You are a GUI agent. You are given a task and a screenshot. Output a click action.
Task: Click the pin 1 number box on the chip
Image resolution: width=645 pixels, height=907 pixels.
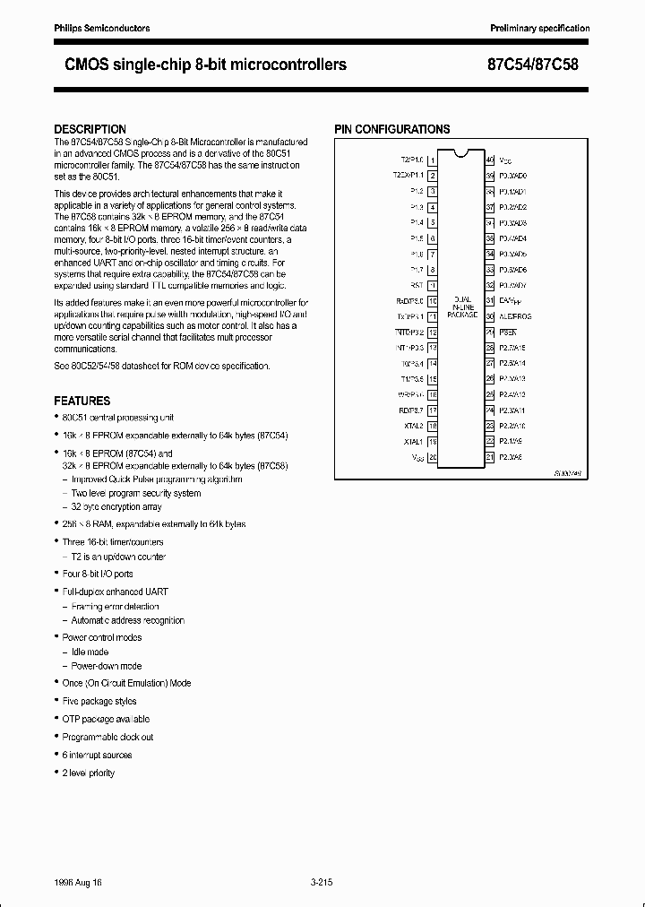[x=433, y=160]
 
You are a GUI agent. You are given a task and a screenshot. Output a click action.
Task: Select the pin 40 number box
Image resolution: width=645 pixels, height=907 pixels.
[x=490, y=160]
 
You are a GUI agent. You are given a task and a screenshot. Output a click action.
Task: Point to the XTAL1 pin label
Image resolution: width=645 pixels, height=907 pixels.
[x=412, y=442]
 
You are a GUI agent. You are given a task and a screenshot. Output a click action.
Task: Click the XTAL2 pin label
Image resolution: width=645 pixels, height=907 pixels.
[x=412, y=426]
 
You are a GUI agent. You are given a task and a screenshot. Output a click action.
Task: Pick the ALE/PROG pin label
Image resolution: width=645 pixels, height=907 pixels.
[x=515, y=316]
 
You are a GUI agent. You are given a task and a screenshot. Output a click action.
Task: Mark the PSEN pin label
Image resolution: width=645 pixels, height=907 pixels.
[x=508, y=332]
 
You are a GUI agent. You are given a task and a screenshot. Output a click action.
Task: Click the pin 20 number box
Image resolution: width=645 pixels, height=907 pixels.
[x=433, y=457]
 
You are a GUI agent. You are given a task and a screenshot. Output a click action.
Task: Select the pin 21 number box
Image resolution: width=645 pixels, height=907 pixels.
[x=490, y=457]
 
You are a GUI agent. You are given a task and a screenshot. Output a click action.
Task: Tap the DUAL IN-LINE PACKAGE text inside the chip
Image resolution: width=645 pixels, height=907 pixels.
[x=462, y=308]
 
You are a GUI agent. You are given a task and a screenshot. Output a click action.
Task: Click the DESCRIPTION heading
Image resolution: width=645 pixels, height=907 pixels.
[x=90, y=129]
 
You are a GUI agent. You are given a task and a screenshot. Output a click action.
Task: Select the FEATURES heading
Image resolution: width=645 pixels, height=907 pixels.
[x=82, y=401]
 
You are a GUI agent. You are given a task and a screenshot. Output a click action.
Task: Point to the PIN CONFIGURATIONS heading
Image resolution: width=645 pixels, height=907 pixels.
[x=391, y=129]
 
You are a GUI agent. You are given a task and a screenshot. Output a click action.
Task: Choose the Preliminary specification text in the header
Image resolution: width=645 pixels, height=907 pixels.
[x=539, y=29]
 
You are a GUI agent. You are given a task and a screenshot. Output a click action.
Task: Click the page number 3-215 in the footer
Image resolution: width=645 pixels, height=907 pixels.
[x=322, y=883]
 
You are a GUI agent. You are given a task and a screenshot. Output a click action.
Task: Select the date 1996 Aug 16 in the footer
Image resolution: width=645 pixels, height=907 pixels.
[x=79, y=883]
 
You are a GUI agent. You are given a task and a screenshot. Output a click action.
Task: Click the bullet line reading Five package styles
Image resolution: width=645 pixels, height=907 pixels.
[x=99, y=701]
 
